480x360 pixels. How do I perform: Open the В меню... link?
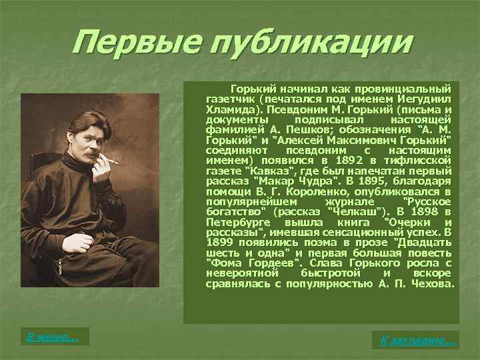pos(52,337)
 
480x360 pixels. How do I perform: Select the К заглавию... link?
pos(418,341)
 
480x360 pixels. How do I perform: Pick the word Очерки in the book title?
pos(410,221)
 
